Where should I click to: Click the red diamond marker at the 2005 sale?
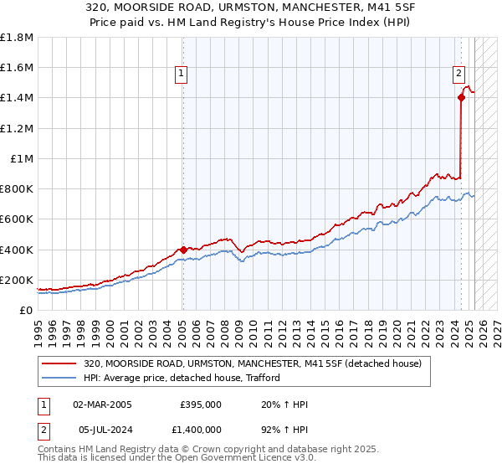click(x=183, y=250)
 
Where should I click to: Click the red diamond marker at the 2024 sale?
click(x=461, y=97)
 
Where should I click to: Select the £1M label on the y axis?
click(x=22, y=158)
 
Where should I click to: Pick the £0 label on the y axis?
click(x=26, y=311)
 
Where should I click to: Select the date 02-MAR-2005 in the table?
click(x=102, y=405)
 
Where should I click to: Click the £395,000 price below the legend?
click(x=201, y=405)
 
